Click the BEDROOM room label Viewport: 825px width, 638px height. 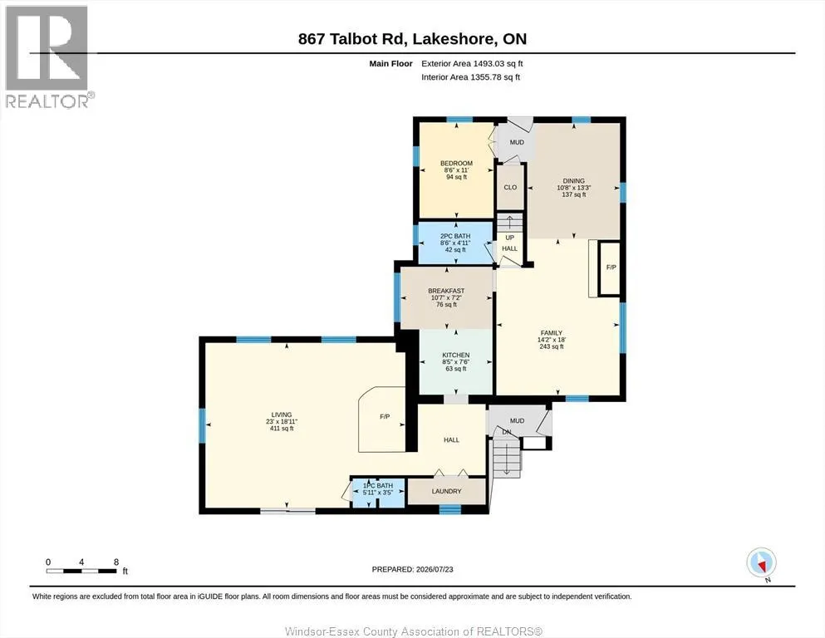tap(456, 163)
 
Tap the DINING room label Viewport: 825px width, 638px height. tap(573, 180)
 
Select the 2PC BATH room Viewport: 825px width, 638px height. tap(455, 243)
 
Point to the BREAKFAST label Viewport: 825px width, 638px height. tap(446, 290)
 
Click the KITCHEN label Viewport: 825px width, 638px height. tap(455, 355)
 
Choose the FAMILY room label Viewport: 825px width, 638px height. tap(552, 333)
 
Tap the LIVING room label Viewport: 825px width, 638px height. tap(282, 415)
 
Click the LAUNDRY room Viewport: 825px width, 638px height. tap(447, 491)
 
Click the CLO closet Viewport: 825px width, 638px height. tap(510, 187)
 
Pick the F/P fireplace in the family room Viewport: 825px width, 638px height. tap(611, 267)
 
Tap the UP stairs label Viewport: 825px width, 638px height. tap(509, 238)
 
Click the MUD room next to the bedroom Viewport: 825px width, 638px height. tap(516, 142)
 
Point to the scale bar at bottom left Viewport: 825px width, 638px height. tap(81, 571)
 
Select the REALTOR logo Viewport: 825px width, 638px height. tap(47, 56)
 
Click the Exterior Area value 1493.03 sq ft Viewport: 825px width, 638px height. tap(498, 64)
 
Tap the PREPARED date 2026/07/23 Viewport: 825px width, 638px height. tap(435, 569)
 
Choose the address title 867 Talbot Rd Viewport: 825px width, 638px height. tap(351, 39)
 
